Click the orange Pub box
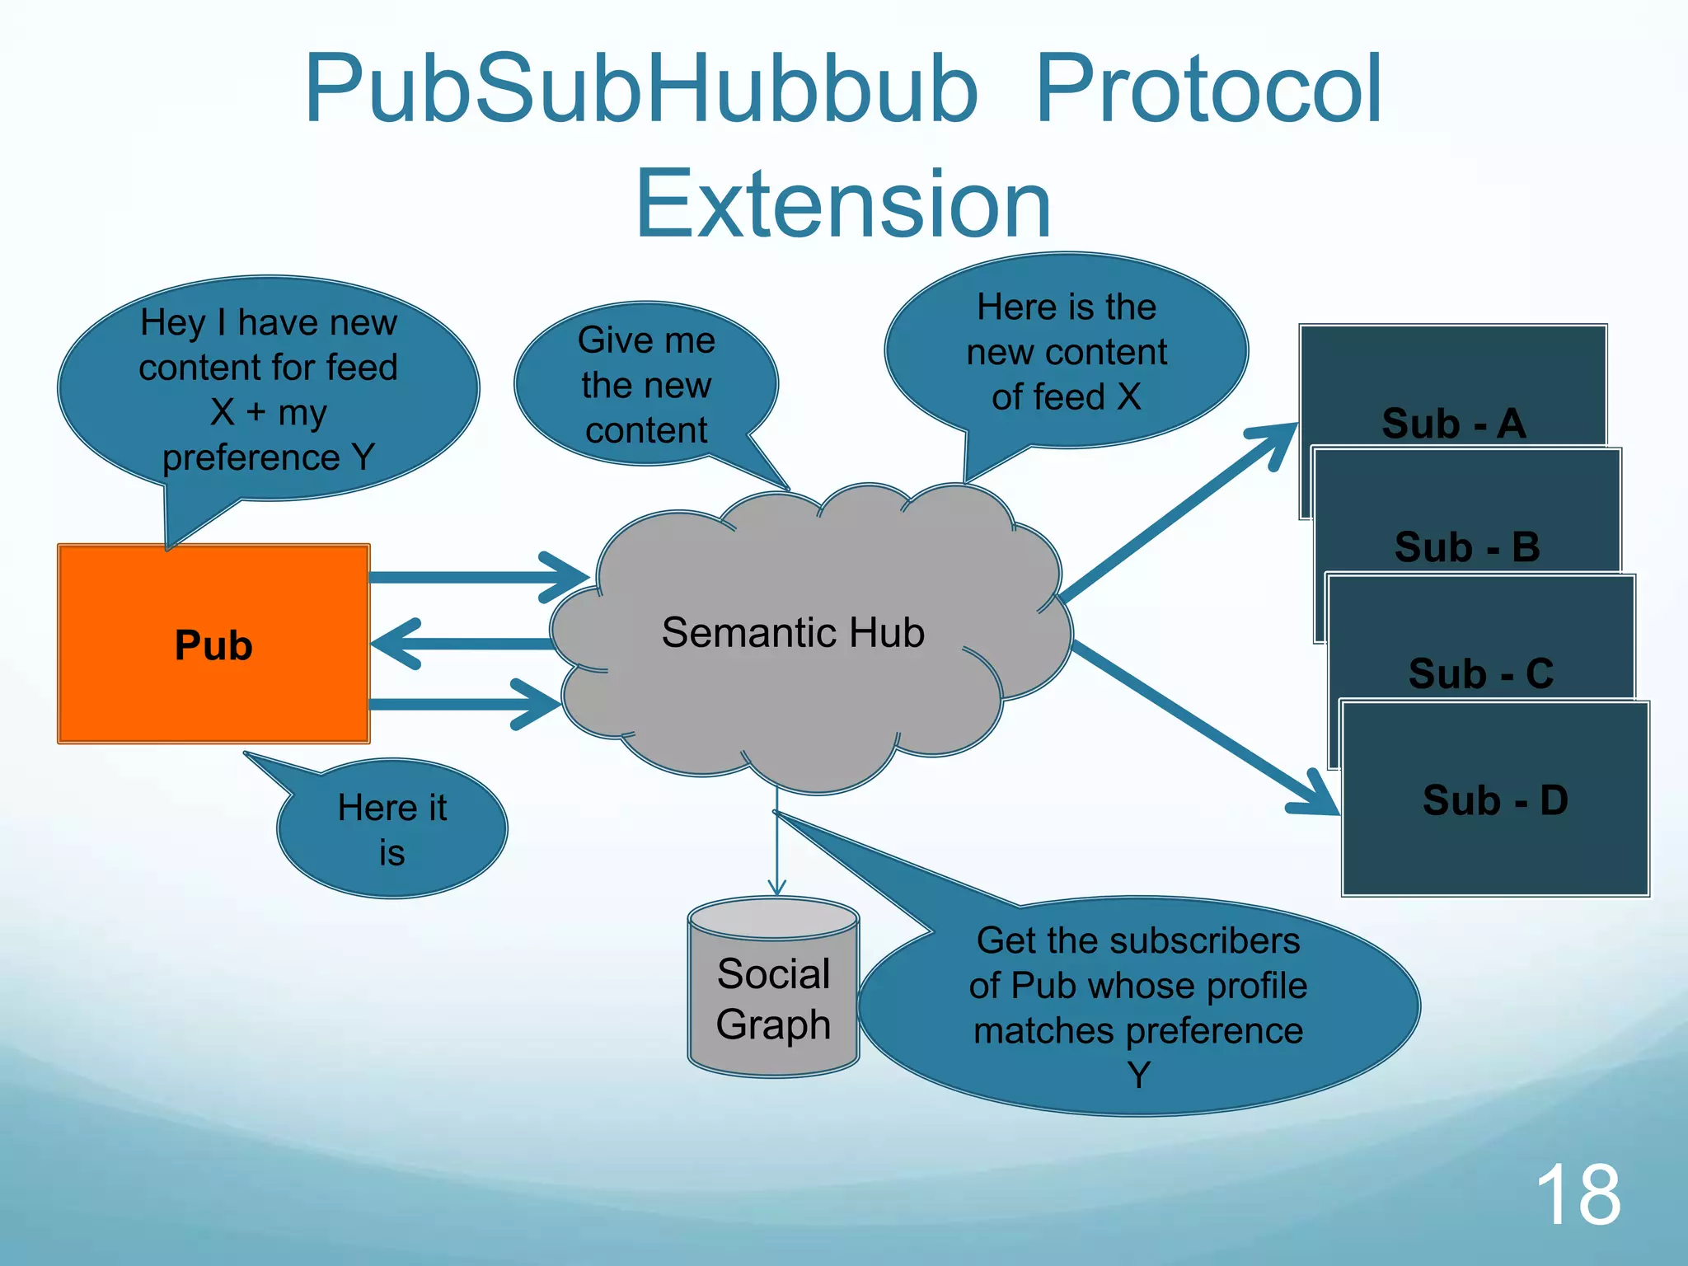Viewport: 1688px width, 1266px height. click(x=213, y=644)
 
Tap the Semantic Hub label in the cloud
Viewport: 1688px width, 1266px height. click(x=793, y=633)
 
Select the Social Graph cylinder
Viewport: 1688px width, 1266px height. click(x=773, y=989)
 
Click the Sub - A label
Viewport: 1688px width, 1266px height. click(x=1454, y=424)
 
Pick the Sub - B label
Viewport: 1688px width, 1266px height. click(x=1467, y=547)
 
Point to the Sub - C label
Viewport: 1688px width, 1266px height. click(x=1481, y=673)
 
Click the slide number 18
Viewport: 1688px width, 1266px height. click(x=1578, y=1194)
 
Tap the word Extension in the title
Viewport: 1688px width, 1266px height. click(x=843, y=204)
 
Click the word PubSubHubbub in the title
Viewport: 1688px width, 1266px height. click(x=641, y=89)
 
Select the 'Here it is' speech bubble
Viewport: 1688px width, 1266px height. click(x=392, y=829)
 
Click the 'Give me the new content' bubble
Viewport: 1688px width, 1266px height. click(x=646, y=385)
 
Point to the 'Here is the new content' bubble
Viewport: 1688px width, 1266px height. click(x=1067, y=352)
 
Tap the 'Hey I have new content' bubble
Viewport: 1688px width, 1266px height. click(x=269, y=389)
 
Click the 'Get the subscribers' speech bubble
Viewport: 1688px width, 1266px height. click(x=1137, y=1007)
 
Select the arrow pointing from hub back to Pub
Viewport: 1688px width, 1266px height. click(x=462, y=644)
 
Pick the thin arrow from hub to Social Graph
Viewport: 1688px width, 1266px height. click(x=776, y=841)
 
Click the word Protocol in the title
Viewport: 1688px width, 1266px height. click(x=1208, y=89)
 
